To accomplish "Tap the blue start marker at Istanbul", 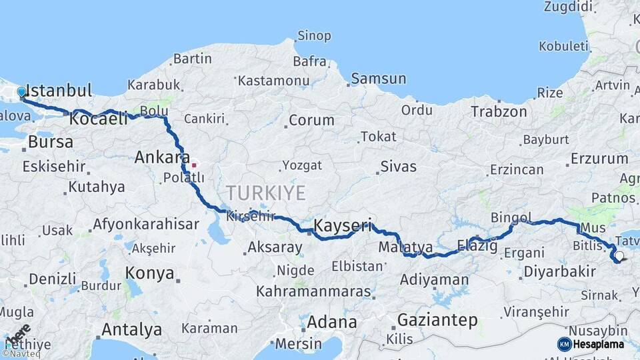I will click(21, 92).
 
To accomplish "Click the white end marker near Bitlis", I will click(619, 256).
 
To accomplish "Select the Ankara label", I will click(162, 157).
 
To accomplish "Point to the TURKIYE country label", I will click(265, 193).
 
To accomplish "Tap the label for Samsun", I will click(378, 79).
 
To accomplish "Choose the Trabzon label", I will click(499, 111).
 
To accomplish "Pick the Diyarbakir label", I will click(559, 271).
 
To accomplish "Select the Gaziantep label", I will click(437, 320).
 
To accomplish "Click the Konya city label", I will click(150, 273).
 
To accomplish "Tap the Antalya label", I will click(131, 329).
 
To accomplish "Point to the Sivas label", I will click(398, 166).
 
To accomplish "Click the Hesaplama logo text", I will click(599, 344).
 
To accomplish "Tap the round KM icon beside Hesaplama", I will click(564, 344).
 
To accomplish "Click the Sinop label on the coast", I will click(314, 35).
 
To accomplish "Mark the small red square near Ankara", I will click(194, 165).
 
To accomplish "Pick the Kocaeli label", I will click(98, 119).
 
